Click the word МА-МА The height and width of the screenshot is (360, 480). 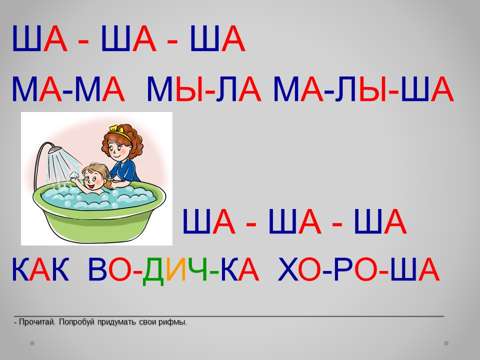point(68,89)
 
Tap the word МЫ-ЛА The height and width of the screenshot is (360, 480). point(204,89)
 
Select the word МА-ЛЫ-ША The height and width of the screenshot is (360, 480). point(363,89)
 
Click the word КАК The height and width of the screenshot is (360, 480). point(40,269)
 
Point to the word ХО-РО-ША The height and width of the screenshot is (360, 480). point(358,269)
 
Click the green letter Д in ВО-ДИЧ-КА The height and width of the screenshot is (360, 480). point(153,271)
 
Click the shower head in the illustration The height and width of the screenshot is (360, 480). point(55,150)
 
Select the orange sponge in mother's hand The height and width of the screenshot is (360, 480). point(107,184)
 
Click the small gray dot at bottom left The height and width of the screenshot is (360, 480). point(32,343)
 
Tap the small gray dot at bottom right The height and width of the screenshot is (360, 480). point(446,343)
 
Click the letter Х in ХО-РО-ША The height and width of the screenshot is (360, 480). point(288,269)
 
